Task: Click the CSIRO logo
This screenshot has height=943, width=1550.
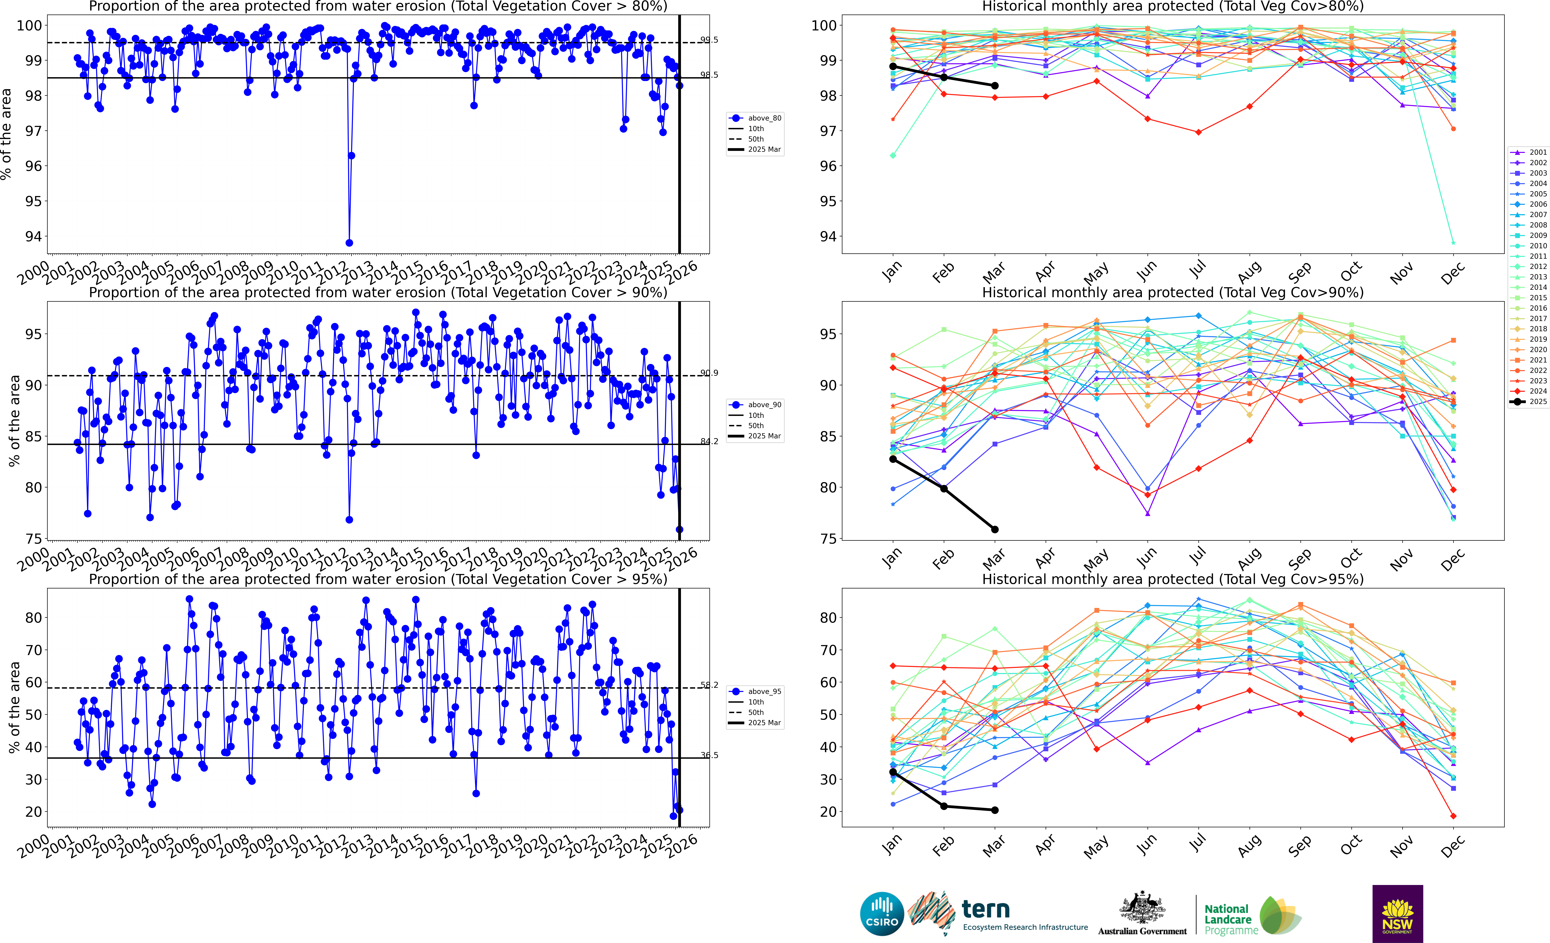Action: [x=882, y=913]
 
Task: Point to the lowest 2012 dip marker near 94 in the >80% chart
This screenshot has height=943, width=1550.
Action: [x=349, y=243]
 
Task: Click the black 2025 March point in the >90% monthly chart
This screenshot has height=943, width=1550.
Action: [x=995, y=529]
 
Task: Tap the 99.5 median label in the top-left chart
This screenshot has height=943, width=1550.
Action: [x=709, y=40]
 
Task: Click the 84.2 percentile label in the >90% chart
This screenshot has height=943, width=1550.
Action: [x=709, y=441]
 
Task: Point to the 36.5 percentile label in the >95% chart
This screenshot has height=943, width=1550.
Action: [x=709, y=755]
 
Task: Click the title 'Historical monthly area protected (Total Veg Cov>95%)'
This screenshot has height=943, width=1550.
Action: [x=1173, y=579]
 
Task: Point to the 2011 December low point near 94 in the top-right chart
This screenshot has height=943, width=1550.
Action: [x=1453, y=243]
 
